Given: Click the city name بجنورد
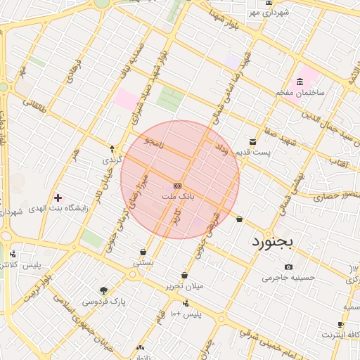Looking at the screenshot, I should click(x=276, y=243).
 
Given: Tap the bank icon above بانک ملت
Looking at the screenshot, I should click(x=177, y=186).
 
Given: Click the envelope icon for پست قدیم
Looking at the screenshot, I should click(x=252, y=142).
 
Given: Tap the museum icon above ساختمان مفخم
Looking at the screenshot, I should click(x=301, y=82).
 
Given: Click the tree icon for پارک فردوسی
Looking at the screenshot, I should click(x=104, y=290).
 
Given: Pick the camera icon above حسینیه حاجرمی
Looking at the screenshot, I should click(x=288, y=266).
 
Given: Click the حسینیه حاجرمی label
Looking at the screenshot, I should click(x=286, y=278).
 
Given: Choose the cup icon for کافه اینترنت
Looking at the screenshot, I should click(x=341, y=325).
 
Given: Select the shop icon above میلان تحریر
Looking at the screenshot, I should click(x=184, y=275).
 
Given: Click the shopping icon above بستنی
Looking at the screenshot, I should click(x=143, y=252).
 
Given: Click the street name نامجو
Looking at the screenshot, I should click(x=153, y=143).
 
